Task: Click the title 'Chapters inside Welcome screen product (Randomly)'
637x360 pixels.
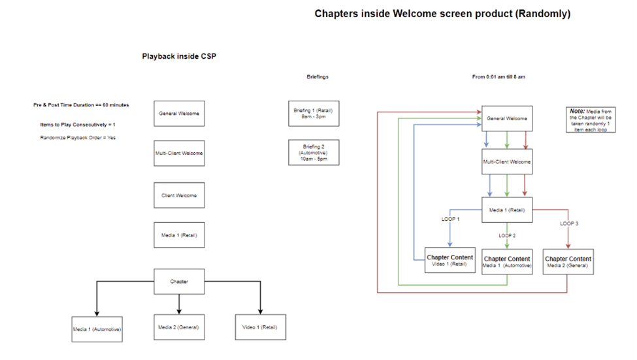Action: pyautogui.click(x=442, y=14)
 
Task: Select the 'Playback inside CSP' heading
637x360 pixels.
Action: pyautogui.click(x=179, y=57)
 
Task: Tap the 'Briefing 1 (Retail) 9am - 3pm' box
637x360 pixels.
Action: pyautogui.click(x=313, y=114)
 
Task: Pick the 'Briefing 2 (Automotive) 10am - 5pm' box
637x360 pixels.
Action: pyautogui.click(x=313, y=152)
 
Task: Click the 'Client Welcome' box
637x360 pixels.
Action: pyautogui.click(x=179, y=195)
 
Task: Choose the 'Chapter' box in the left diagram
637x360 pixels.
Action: pyautogui.click(x=179, y=282)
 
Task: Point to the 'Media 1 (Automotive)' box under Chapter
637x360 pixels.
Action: pyautogui.click(x=97, y=329)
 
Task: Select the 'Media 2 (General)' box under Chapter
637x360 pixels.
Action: pyautogui.click(x=178, y=327)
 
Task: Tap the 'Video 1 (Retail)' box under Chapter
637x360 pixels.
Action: pyautogui.click(x=260, y=327)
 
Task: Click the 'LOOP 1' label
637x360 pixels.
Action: pyautogui.click(x=451, y=220)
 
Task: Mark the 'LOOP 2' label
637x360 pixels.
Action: pyautogui.click(x=508, y=235)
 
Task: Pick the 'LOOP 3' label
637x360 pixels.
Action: pyautogui.click(x=569, y=223)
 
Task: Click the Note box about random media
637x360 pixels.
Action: pyautogui.click(x=591, y=120)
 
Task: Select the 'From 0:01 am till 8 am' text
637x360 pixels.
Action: pyautogui.click(x=498, y=77)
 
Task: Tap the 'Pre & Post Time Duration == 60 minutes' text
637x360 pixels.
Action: pyautogui.click(x=81, y=105)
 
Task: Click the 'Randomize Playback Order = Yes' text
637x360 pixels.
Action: pyautogui.click(x=78, y=138)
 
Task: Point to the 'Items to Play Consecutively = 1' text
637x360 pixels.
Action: pyautogui.click(x=78, y=124)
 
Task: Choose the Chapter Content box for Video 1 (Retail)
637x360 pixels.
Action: pyautogui.click(x=450, y=260)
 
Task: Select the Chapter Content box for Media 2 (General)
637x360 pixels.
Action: pyautogui.click(x=568, y=261)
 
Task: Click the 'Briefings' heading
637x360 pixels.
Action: pyautogui.click(x=318, y=77)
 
